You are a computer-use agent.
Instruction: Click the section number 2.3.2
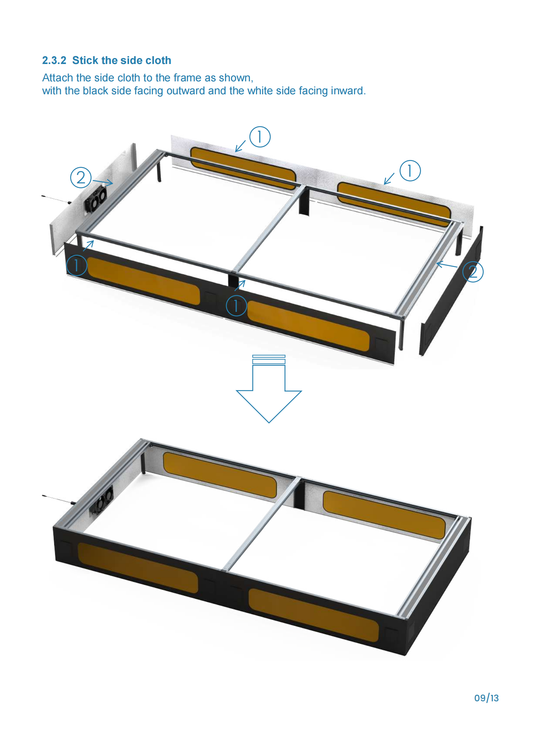click(54, 60)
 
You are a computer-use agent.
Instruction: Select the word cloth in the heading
click(158, 60)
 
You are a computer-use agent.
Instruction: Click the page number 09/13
click(486, 698)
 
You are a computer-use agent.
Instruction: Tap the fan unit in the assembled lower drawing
click(101, 500)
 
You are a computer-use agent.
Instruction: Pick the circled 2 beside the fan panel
click(81, 177)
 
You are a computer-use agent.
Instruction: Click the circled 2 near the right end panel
click(473, 272)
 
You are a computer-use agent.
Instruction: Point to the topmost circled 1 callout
click(260, 137)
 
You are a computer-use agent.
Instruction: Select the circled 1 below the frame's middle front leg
click(236, 305)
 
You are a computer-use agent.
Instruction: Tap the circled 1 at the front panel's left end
click(77, 265)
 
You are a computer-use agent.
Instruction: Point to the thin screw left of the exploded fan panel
click(57, 199)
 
